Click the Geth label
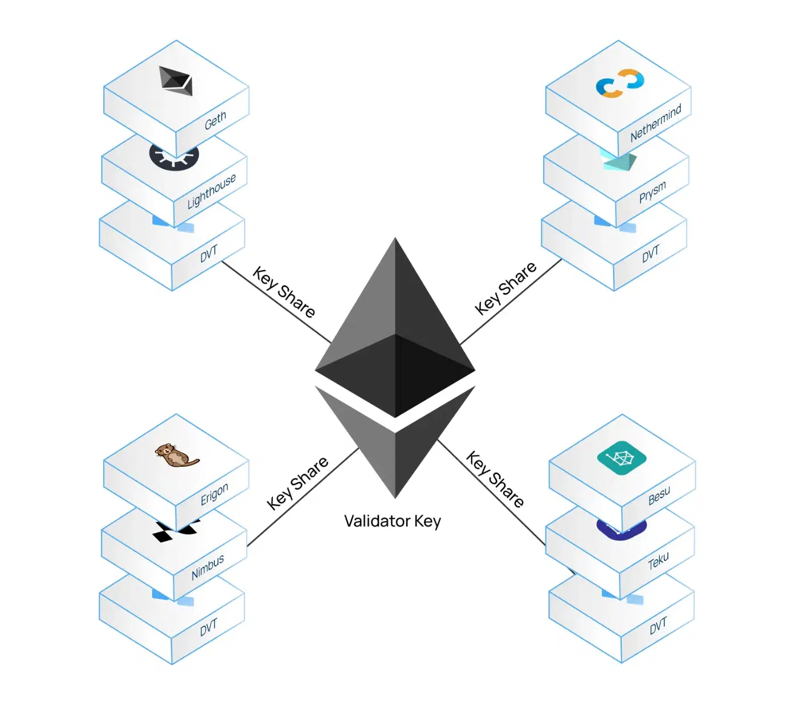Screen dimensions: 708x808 [x=215, y=121]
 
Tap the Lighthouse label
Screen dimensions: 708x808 [x=211, y=191]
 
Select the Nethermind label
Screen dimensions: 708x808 [x=656, y=123]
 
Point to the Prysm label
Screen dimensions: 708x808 [x=652, y=192]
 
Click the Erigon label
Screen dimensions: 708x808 [x=214, y=494]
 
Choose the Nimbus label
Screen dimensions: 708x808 [x=208, y=567]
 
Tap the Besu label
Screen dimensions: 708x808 [x=659, y=495]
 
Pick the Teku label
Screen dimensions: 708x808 [x=658, y=561]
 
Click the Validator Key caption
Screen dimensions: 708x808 [x=393, y=521]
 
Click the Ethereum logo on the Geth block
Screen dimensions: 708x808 [x=176, y=81]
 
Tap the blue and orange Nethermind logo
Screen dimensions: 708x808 [x=619, y=83]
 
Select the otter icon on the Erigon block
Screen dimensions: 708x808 [x=176, y=455]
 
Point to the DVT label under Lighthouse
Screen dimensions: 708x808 [x=209, y=254]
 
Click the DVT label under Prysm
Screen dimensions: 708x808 [x=650, y=254]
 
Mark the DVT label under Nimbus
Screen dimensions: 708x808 [x=209, y=627]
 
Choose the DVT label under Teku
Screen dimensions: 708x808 [x=658, y=626]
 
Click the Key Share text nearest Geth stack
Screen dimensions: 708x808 [x=284, y=292]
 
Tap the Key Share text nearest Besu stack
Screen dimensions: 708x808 [x=495, y=479]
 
